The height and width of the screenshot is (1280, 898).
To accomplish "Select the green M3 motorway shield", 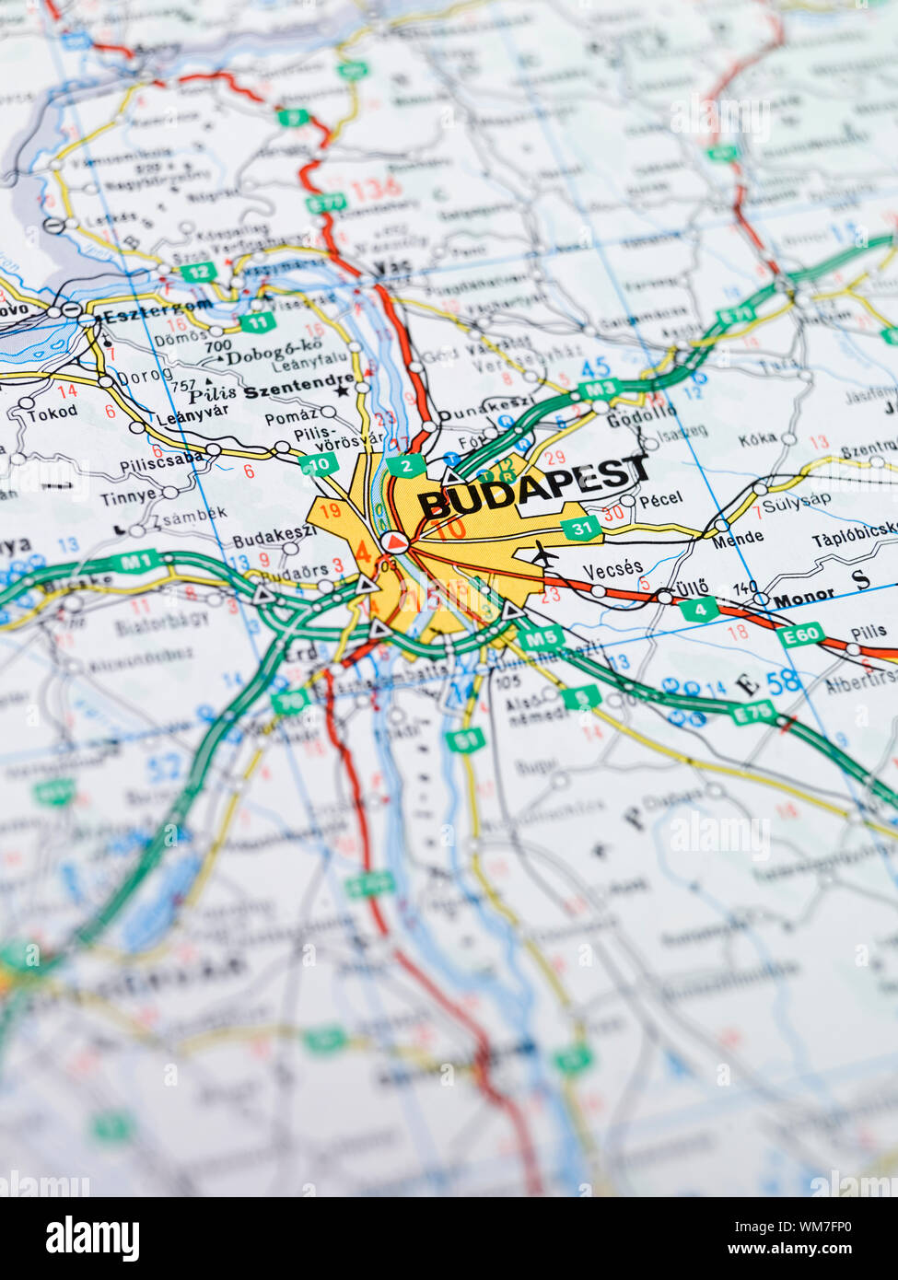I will (598, 390).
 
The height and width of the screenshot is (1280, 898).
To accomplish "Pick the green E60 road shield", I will (799, 635).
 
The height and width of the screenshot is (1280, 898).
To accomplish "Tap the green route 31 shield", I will (581, 529).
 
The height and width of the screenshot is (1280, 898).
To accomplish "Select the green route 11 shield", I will (258, 322).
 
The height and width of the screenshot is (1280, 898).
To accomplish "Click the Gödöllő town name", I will (642, 412).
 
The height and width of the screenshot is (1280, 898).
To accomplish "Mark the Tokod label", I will (52, 413).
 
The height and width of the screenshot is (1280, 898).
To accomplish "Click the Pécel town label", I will (660, 499).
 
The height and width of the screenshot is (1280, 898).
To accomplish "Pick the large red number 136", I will (377, 190).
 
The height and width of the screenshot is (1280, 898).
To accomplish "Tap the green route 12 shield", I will (198, 272).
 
